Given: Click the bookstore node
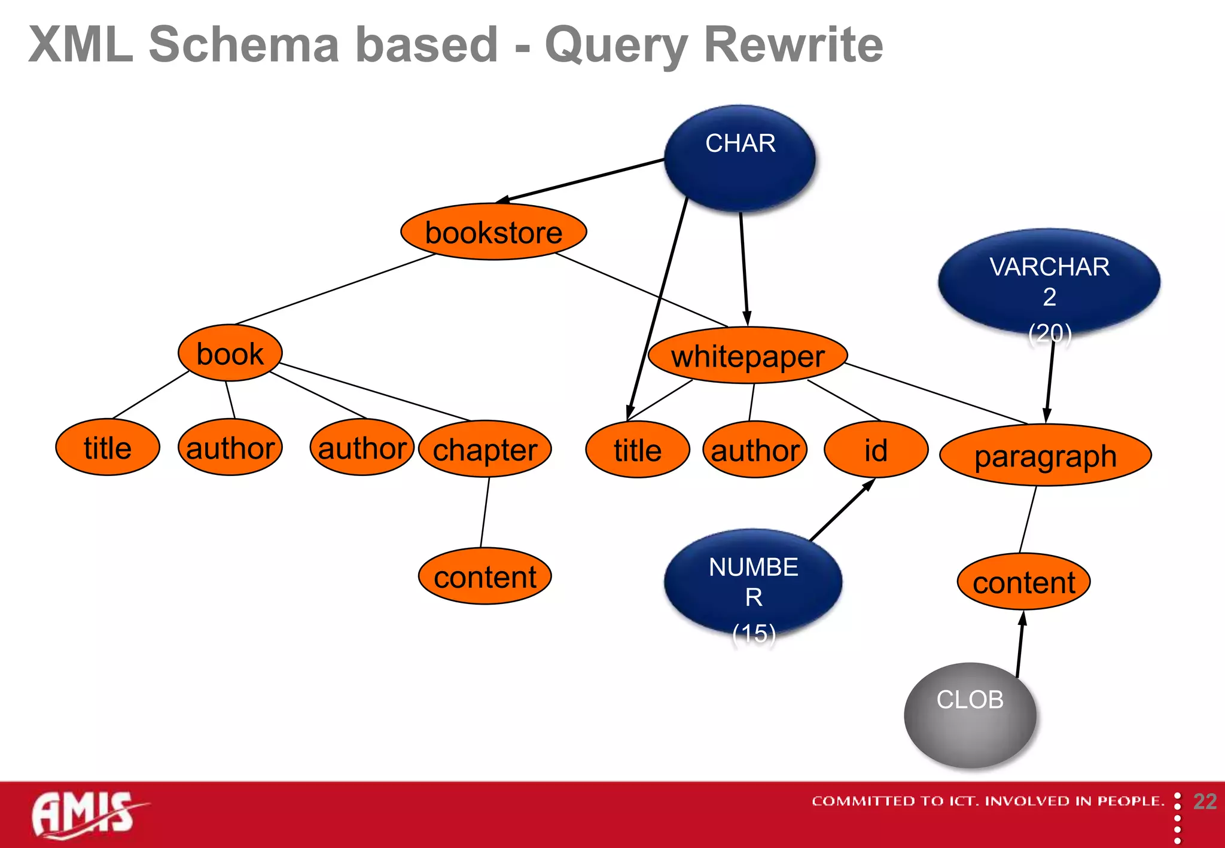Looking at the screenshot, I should click(493, 232).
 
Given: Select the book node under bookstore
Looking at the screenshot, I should click(230, 353).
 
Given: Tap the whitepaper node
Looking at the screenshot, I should click(748, 356).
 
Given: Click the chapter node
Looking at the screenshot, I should click(484, 449).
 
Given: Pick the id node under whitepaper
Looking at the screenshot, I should click(876, 450).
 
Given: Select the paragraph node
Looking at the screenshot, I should click(1045, 456).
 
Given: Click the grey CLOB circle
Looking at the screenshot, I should click(970, 715).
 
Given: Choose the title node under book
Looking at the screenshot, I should click(108, 447).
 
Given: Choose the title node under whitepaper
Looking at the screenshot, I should click(638, 450).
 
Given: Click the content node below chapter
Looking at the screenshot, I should click(484, 576).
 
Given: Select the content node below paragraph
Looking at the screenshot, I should click(1023, 582).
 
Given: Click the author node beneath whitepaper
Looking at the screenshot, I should click(755, 450).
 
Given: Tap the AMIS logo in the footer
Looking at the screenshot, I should click(84, 813).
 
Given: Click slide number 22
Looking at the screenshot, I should click(1205, 801).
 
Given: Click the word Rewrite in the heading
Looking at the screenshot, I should click(793, 44).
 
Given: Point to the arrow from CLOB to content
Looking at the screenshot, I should click(1020, 645).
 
